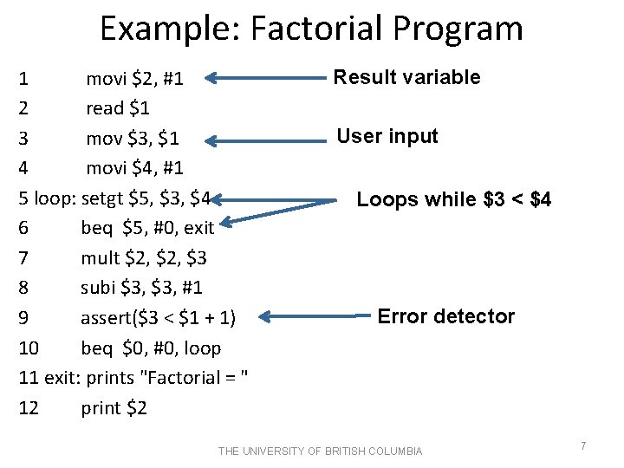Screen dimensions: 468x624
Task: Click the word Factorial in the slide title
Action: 328,29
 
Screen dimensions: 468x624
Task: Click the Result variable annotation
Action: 407,77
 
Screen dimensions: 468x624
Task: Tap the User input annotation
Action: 387,136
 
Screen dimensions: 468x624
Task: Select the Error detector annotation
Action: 445,316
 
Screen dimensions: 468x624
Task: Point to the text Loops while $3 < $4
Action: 453,200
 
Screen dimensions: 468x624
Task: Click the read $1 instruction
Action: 118,108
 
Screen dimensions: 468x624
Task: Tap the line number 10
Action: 29,348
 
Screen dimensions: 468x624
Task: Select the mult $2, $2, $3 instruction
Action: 144,258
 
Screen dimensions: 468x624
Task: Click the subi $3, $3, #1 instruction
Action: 141,289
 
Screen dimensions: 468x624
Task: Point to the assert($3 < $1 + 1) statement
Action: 165,318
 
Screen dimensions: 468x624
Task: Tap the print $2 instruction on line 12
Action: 114,407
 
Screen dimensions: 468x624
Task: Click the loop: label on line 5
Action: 55,198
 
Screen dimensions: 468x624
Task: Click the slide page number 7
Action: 583,445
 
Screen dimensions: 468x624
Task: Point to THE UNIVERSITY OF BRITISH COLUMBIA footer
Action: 320,451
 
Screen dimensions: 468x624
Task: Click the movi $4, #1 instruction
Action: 134,168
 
